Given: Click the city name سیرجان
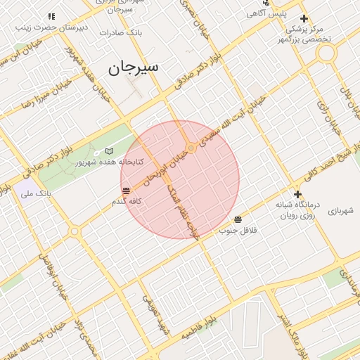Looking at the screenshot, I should click(x=133, y=67).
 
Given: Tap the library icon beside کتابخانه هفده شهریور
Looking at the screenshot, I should click(x=108, y=151).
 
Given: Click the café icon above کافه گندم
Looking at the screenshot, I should click(x=126, y=191).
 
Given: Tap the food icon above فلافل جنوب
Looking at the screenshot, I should click(x=238, y=219).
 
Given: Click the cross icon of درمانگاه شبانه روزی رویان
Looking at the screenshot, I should click(x=297, y=194).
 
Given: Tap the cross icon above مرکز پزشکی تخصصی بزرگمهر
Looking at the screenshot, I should click(x=304, y=18).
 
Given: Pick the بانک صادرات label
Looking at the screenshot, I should click(x=121, y=33).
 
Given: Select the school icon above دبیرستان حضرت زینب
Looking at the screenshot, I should click(x=51, y=16).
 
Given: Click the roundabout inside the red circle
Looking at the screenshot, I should click(x=191, y=148).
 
